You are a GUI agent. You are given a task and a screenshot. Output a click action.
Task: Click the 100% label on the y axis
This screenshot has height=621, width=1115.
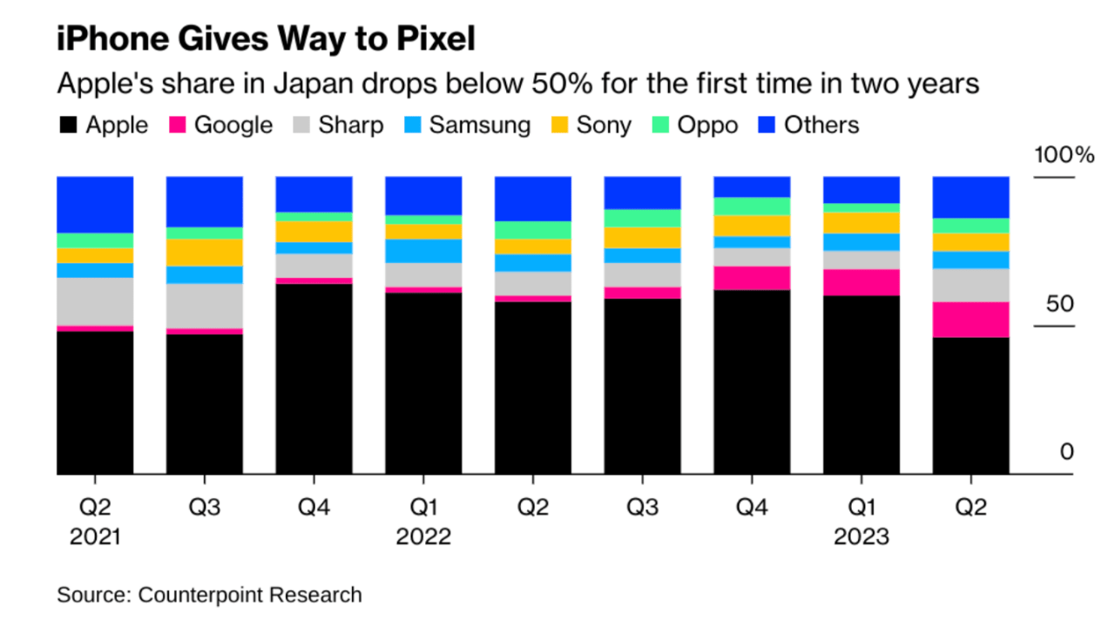[x=1063, y=156]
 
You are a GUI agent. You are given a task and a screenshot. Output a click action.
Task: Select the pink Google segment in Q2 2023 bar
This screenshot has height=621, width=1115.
[x=970, y=320]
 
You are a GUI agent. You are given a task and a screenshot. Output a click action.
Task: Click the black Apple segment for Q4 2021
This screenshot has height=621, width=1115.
[x=314, y=379]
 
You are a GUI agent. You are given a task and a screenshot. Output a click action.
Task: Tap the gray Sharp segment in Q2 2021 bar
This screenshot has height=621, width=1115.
[x=95, y=301]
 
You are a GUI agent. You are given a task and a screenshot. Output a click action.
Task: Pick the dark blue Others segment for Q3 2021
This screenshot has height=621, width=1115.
[x=205, y=201]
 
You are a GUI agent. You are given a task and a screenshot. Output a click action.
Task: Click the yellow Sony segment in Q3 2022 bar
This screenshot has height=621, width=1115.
[x=642, y=238]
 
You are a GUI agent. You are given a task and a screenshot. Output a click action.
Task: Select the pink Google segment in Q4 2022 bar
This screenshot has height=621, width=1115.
[x=752, y=278]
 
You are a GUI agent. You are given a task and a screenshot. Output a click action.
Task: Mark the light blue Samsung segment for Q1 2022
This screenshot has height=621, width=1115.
[x=423, y=251]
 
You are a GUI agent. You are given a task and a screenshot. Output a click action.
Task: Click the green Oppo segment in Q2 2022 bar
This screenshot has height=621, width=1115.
[x=533, y=230]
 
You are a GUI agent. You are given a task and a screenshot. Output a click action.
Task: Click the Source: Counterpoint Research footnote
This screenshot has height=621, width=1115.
[x=209, y=595]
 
